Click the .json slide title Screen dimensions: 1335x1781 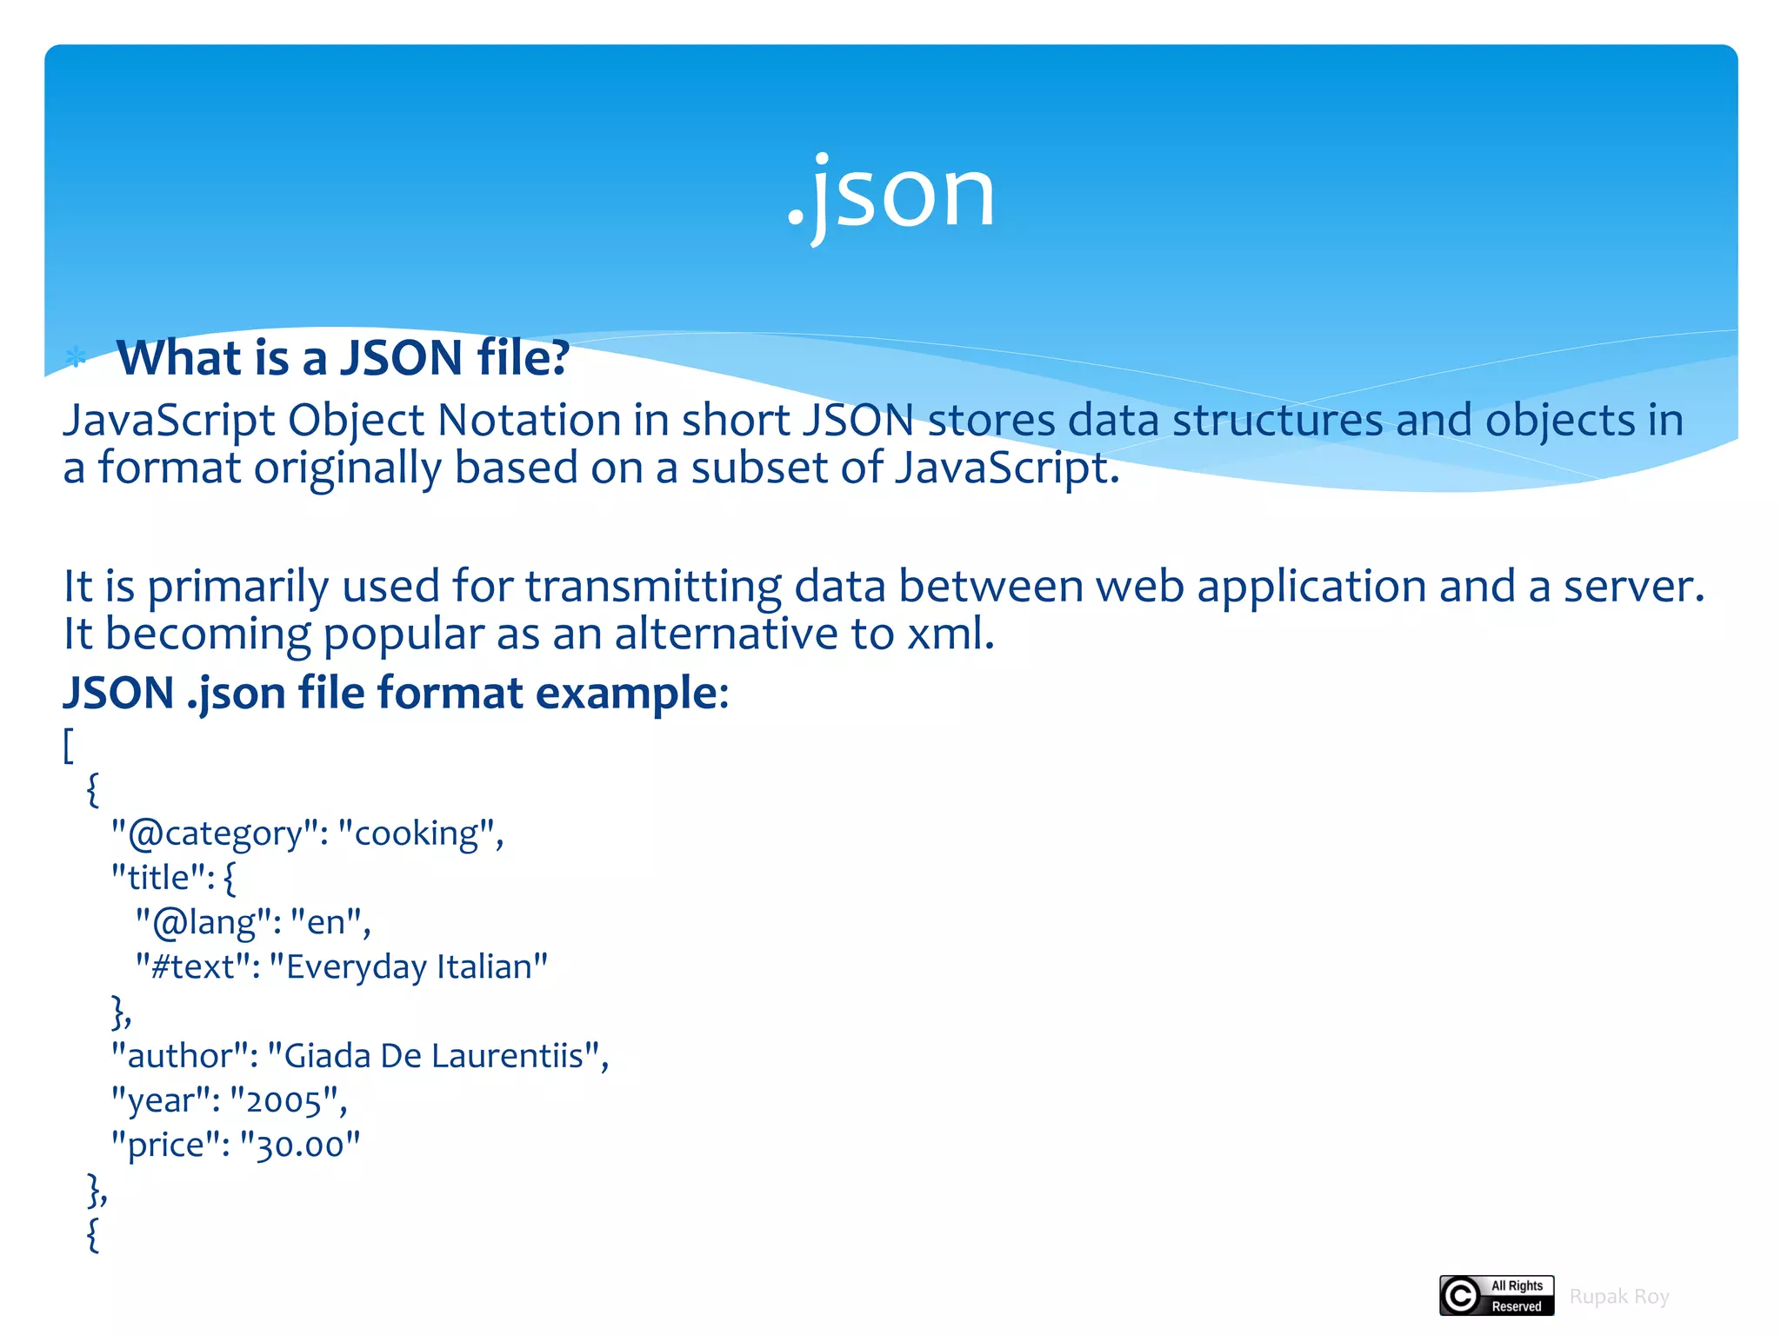coord(890,193)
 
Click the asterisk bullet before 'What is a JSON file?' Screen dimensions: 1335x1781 coord(77,356)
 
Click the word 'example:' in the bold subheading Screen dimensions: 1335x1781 coord(631,694)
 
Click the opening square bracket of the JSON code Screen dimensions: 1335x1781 coord(69,746)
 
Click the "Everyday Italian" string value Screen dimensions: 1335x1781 coord(408,966)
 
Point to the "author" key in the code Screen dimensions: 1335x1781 coord(183,1056)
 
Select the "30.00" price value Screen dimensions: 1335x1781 coord(299,1146)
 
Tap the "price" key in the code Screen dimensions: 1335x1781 coord(165,1146)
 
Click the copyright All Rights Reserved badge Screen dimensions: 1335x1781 coord(1496,1296)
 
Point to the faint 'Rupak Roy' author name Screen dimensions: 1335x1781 coord(1618,1297)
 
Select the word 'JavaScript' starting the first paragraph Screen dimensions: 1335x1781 coord(169,421)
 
